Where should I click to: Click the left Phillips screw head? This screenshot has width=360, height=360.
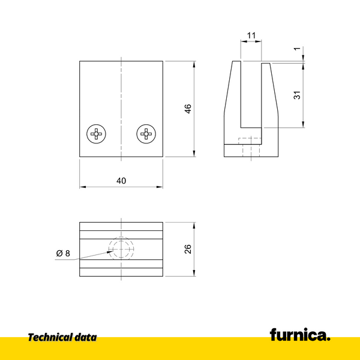pyautogui.click(x=97, y=133)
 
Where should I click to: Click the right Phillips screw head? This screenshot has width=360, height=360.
pyautogui.click(x=146, y=133)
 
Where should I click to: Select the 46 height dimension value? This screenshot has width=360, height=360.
pyautogui.click(x=188, y=109)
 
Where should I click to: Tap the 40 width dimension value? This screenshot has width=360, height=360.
pyautogui.click(x=121, y=181)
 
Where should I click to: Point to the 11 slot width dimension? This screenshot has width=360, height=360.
pyautogui.click(x=251, y=35)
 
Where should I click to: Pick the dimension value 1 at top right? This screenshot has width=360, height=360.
pyautogui.click(x=296, y=51)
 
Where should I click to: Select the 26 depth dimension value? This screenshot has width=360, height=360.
pyautogui.click(x=188, y=249)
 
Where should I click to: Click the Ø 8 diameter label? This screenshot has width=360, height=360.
pyautogui.click(x=63, y=254)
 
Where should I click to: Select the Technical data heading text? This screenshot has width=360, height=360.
pyautogui.click(x=62, y=338)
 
